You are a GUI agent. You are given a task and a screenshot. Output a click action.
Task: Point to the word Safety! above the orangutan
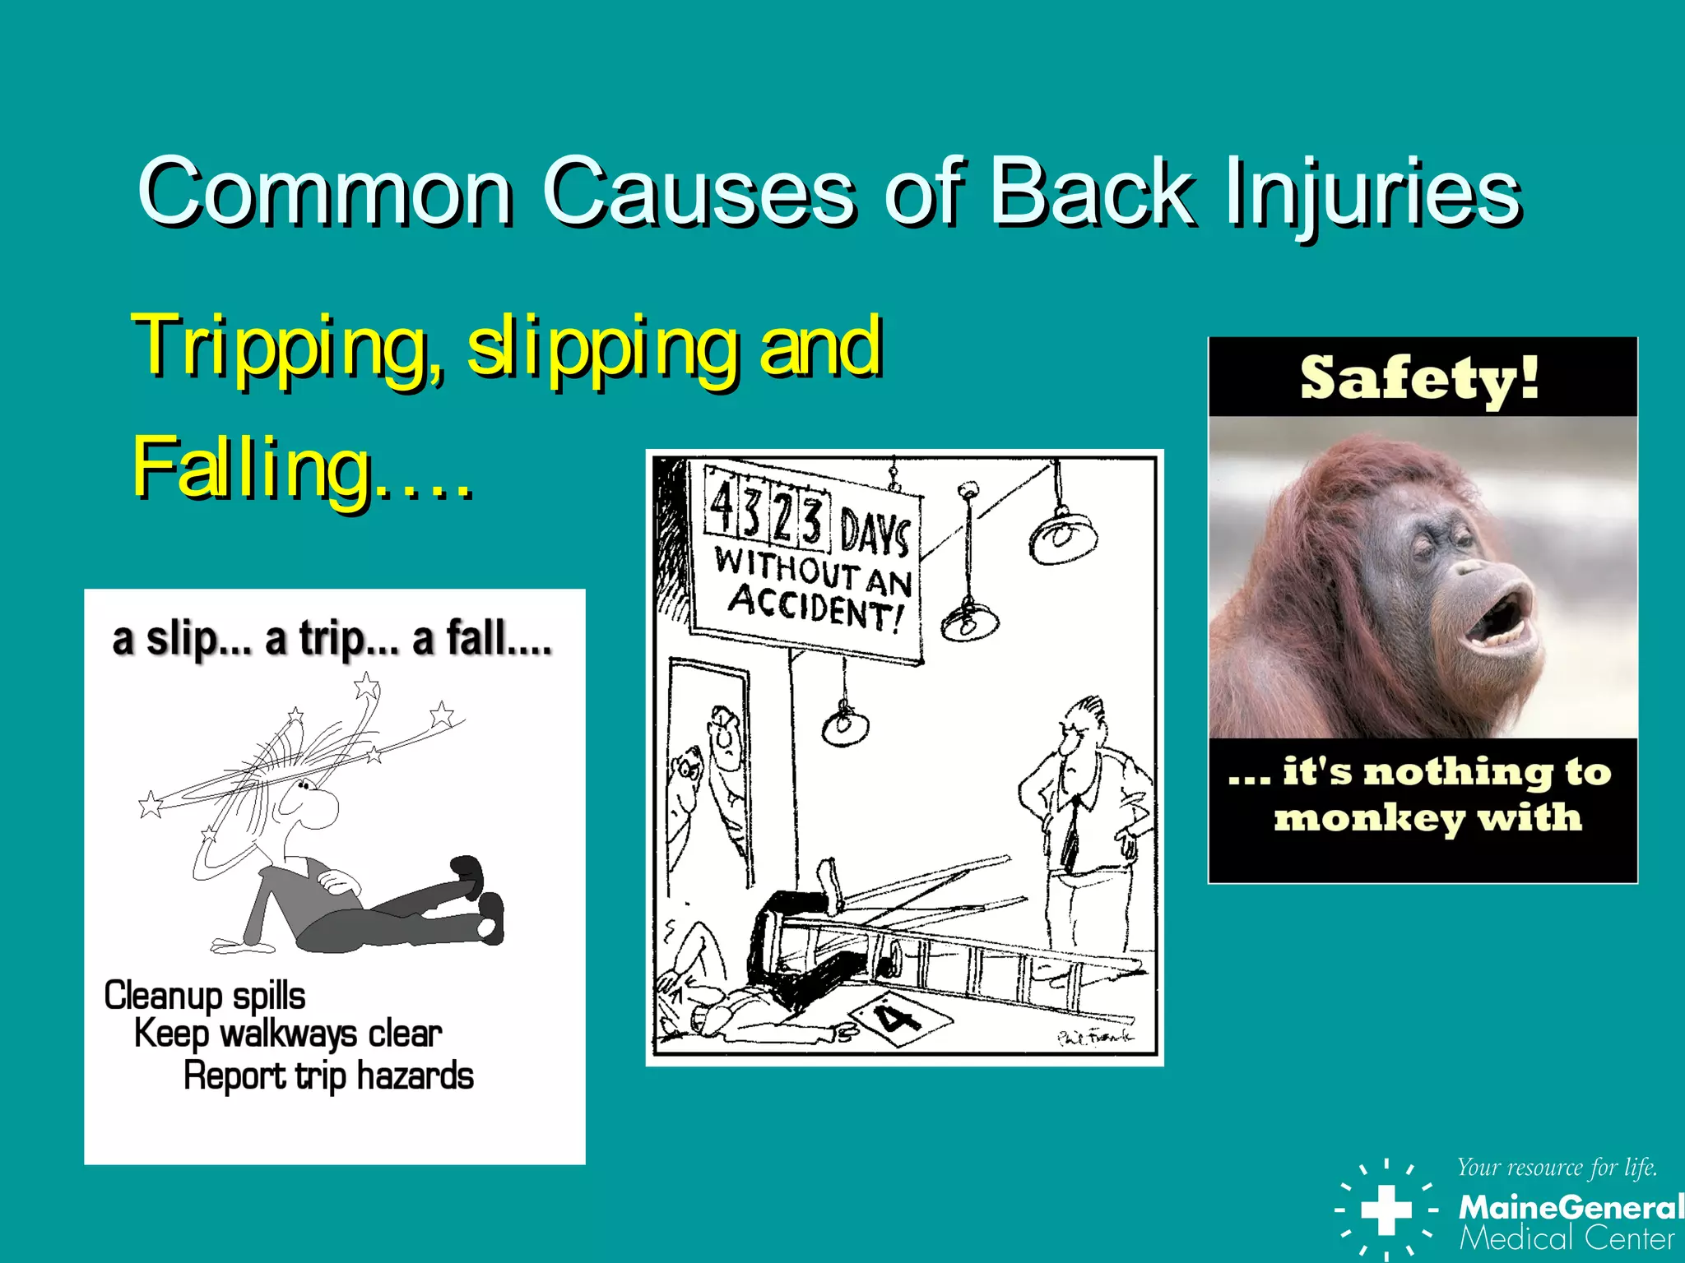1420,378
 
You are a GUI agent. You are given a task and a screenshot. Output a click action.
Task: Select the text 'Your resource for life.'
1557,1168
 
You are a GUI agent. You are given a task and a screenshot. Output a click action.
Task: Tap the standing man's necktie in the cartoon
1070,830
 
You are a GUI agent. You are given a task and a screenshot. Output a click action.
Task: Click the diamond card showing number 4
899,1019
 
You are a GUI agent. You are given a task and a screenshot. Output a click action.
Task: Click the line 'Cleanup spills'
205,996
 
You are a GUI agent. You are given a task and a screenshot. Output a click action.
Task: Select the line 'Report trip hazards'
328,1076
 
